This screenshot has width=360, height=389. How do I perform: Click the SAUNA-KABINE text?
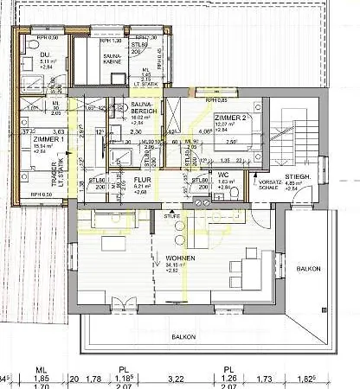91,58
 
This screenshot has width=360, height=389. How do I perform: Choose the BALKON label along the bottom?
182,336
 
